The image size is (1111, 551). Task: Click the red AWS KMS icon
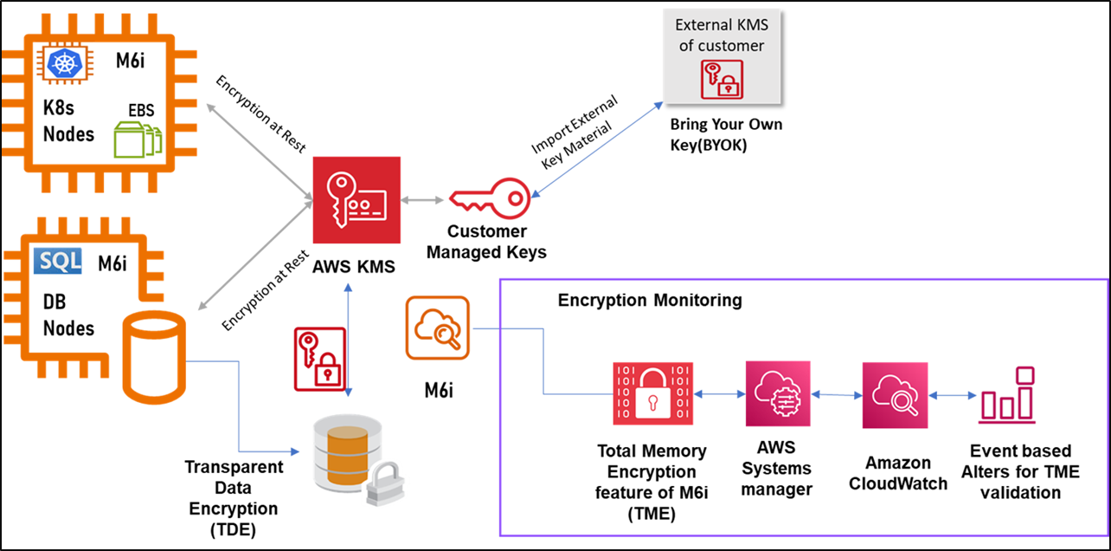(357, 201)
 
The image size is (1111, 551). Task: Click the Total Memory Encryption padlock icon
(650, 394)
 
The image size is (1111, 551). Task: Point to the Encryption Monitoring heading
(650, 301)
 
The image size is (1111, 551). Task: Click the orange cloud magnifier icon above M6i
(438, 328)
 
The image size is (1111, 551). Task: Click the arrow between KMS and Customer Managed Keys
(422, 201)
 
